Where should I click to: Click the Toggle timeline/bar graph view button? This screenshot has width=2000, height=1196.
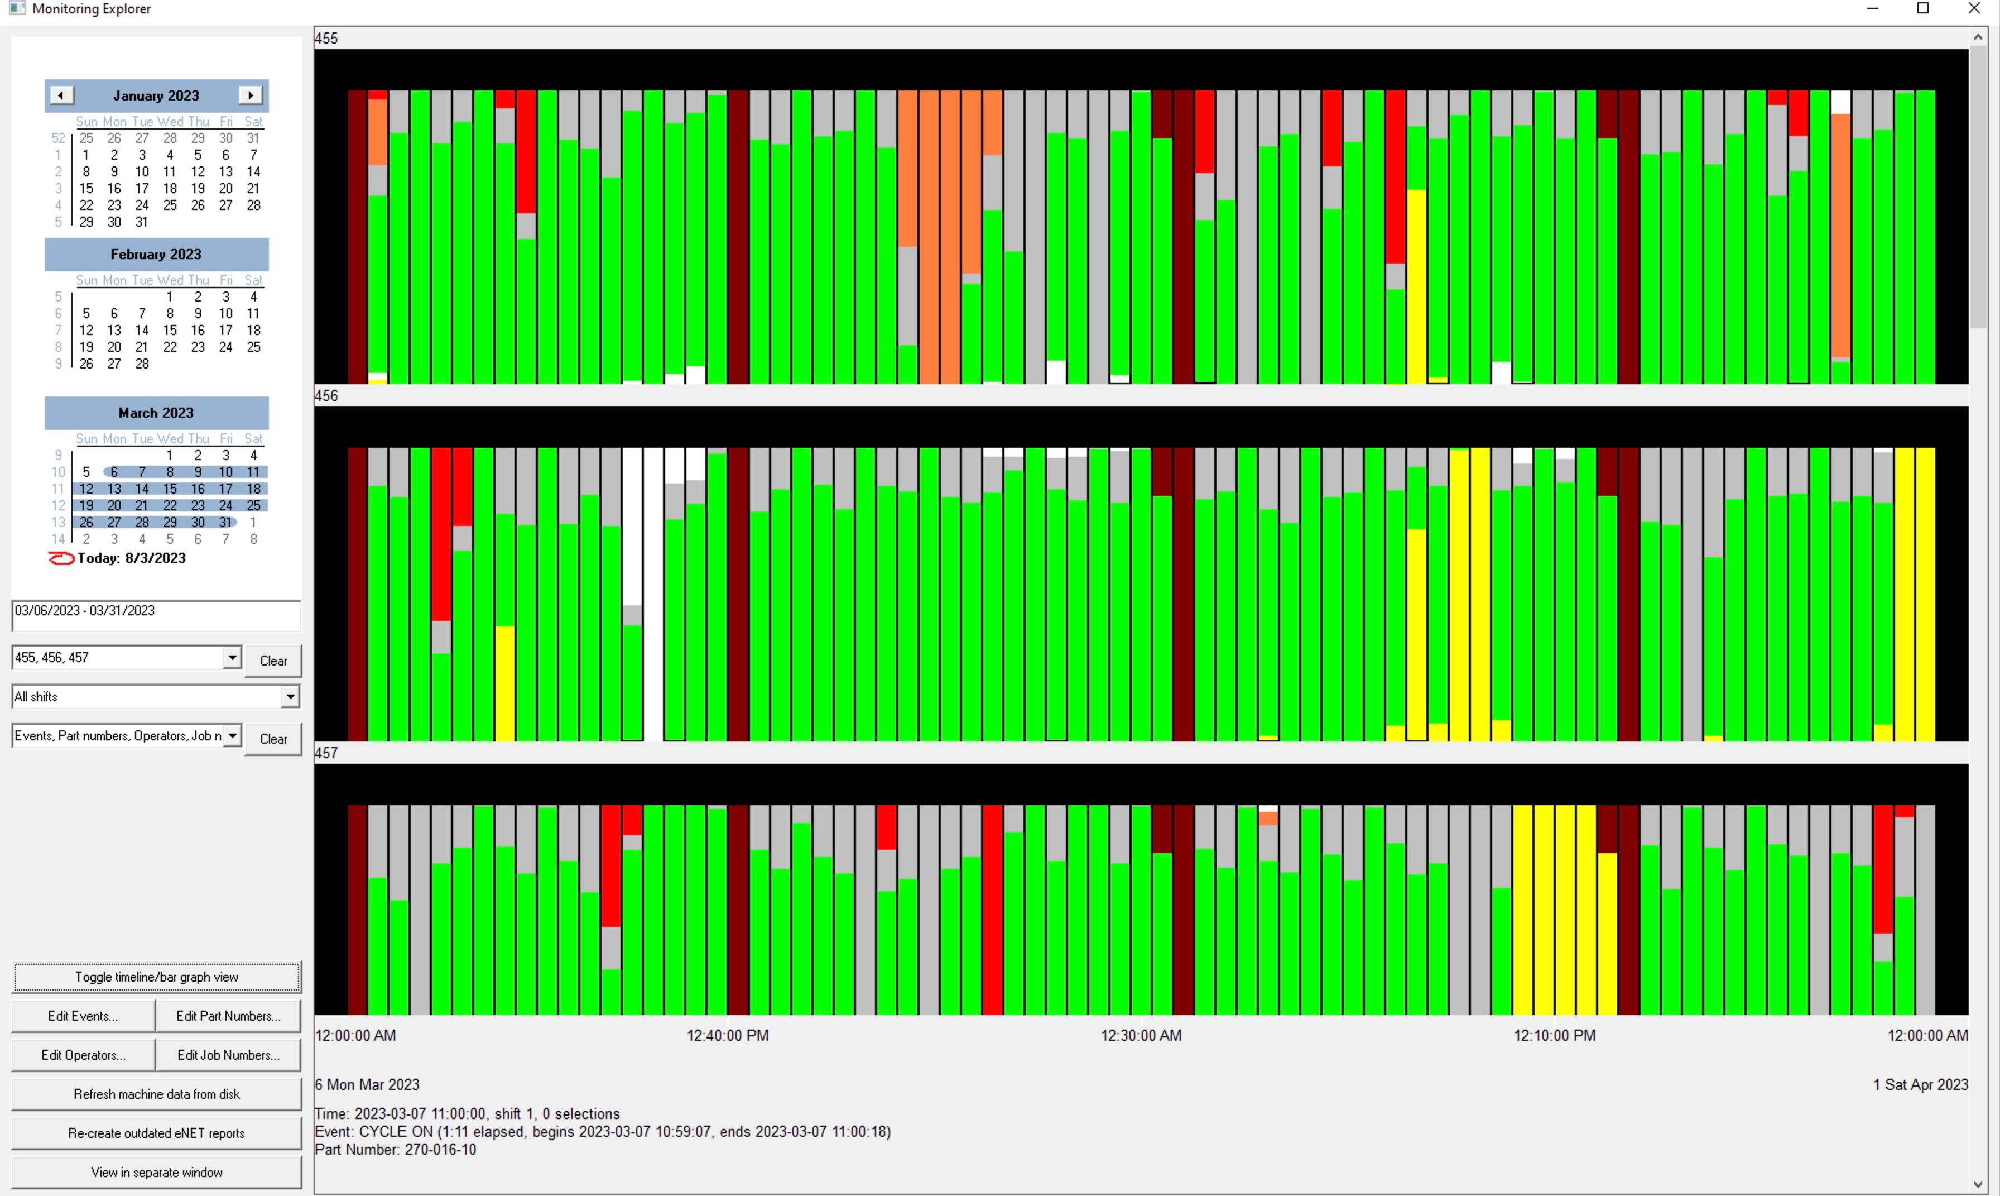click(156, 977)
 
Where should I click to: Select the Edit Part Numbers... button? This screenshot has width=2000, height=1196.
click(228, 1016)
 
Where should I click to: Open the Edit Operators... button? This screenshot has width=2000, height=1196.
click(83, 1055)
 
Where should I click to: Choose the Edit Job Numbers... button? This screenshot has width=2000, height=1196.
click(228, 1055)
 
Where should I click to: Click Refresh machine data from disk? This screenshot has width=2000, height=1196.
click(156, 1094)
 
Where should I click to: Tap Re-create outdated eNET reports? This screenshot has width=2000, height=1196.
click(156, 1133)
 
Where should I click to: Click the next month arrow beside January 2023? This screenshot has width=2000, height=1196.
click(251, 95)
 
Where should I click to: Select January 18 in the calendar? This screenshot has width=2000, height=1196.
click(170, 189)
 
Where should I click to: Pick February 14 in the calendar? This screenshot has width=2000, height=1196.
click(142, 331)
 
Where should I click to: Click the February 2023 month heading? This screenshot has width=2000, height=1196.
click(156, 254)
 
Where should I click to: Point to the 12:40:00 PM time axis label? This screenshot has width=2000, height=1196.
click(727, 1036)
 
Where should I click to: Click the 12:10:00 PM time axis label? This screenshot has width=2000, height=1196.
click(1554, 1036)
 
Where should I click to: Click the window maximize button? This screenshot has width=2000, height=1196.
click(1922, 9)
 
